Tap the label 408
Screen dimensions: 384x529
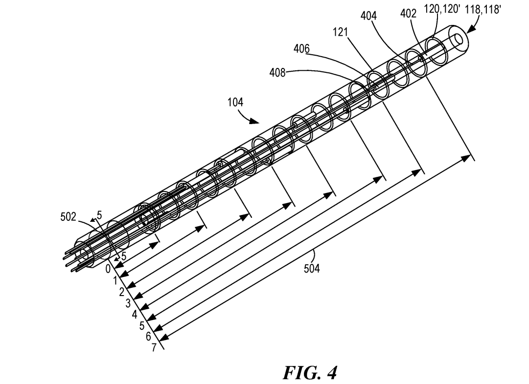[x=277, y=73]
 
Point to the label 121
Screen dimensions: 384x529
[x=341, y=32]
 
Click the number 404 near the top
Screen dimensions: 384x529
[x=368, y=16]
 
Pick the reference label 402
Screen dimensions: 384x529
[x=408, y=14]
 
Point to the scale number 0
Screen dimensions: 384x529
[x=108, y=268]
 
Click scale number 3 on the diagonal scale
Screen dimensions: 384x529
[x=128, y=303]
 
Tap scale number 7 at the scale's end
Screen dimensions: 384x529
[x=156, y=347]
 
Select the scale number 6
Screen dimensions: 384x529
[x=148, y=336]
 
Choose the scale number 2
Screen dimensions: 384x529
[x=121, y=292]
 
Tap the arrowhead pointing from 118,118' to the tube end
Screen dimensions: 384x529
[x=471, y=30]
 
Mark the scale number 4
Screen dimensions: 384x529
[x=135, y=315]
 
